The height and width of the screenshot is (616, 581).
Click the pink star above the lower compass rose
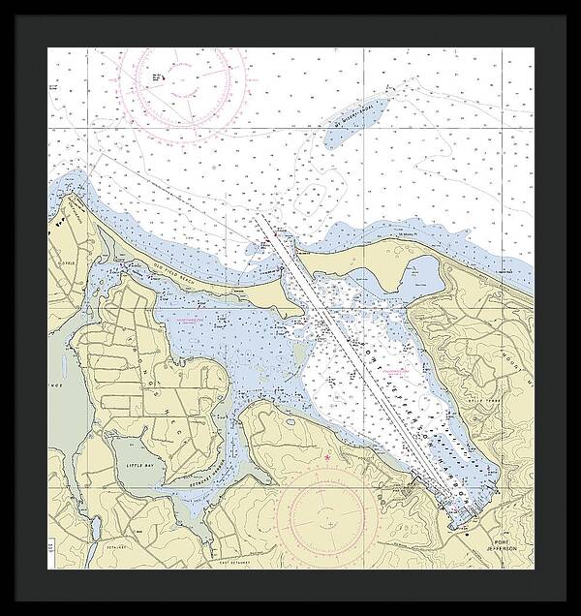(328, 456)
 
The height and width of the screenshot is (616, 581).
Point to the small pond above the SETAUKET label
(97, 529)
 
